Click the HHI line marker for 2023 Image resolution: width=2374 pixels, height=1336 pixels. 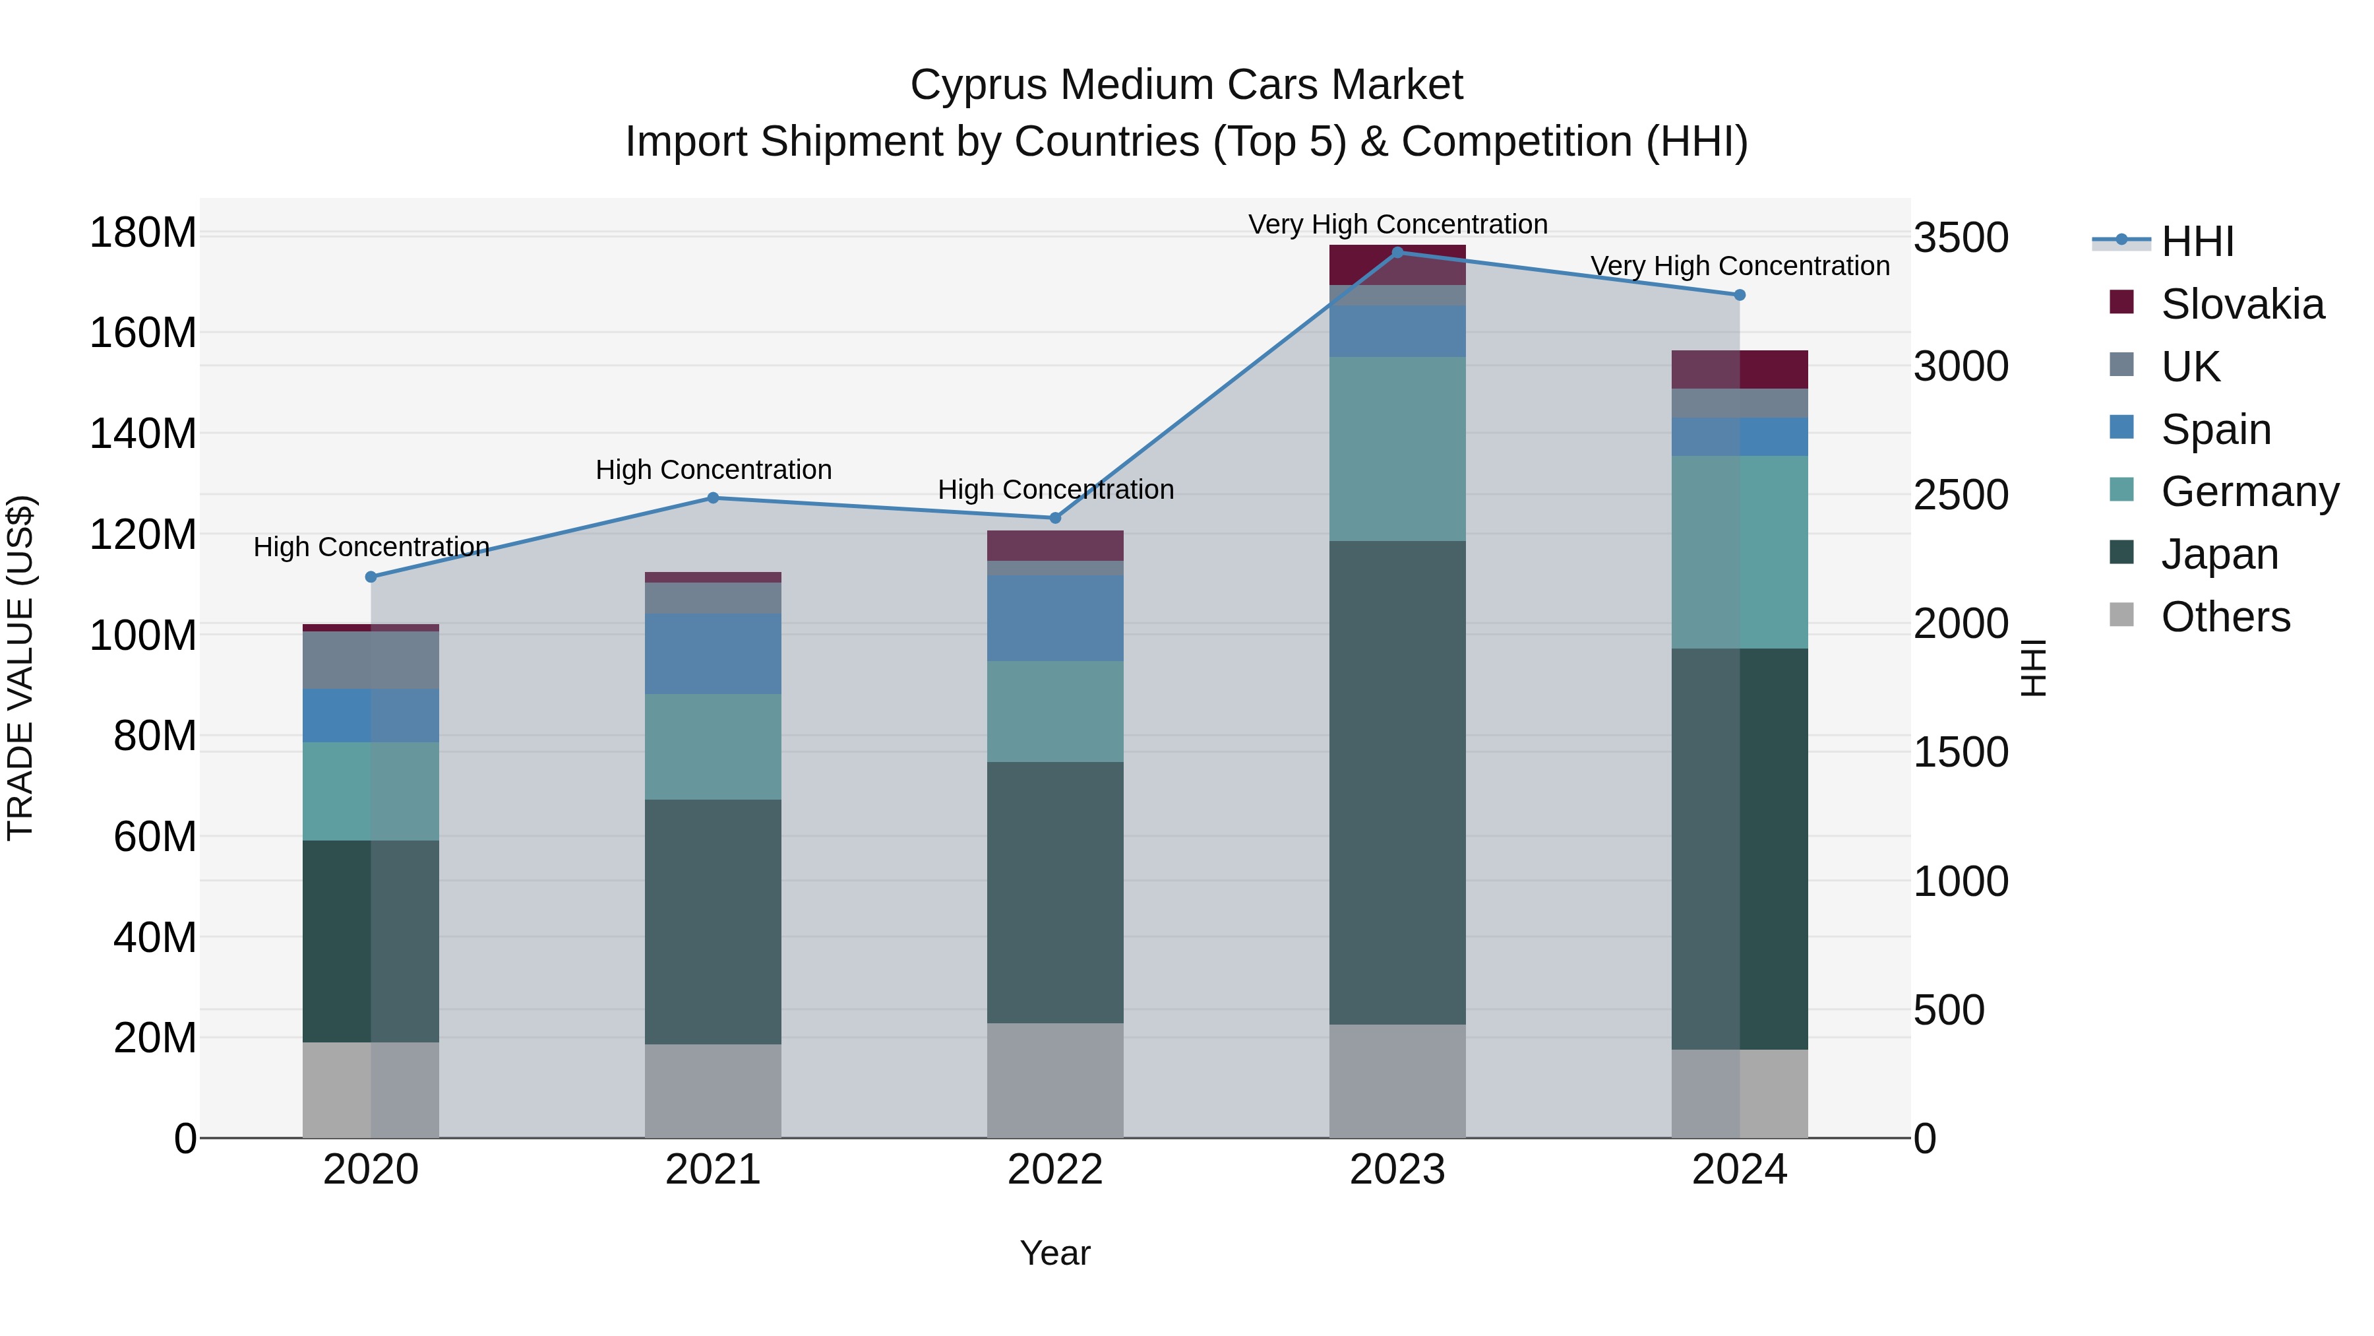pyautogui.click(x=1397, y=253)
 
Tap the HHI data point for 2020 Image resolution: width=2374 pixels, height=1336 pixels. pyautogui.click(x=371, y=577)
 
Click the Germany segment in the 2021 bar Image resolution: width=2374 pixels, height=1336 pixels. pyautogui.click(x=712, y=747)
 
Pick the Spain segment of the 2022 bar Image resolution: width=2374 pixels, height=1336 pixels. pyautogui.click(x=1055, y=618)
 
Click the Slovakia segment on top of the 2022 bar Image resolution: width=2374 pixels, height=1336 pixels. pyautogui.click(x=1055, y=546)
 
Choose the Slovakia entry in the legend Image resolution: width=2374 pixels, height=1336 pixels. pyautogui.click(x=2241, y=304)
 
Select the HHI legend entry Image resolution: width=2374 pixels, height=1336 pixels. pyautogui.click(x=2197, y=241)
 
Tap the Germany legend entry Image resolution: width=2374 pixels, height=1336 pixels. pyautogui.click(x=2249, y=492)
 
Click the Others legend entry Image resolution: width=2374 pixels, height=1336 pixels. pyautogui.click(x=2225, y=617)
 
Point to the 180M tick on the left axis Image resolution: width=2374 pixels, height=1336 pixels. pyautogui.click(x=143, y=232)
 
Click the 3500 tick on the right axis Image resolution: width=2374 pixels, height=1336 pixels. pyautogui.click(x=1961, y=238)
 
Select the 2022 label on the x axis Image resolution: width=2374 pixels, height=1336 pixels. pyautogui.click(x=1055, y=1170)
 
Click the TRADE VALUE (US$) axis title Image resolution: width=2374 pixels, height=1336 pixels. pyautogui.click(x=20, y=668)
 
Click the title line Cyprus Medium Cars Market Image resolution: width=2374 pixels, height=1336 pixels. pyautogui.click(x=1186, y=85)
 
